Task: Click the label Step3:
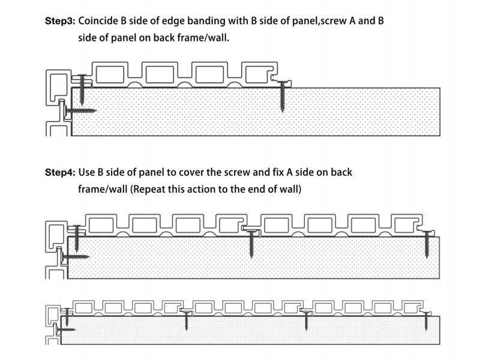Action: [x=60, y=21]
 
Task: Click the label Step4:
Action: [x=60, y=172]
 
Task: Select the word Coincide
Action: [x=99, y=21]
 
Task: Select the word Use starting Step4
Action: [x=88, y=172]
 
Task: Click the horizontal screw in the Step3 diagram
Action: [x=81, y=110]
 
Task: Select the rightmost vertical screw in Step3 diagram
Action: [x=283, y=96]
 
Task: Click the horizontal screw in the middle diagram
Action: [x=75, y=256]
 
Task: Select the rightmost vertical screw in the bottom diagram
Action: [x=426, y=322]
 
